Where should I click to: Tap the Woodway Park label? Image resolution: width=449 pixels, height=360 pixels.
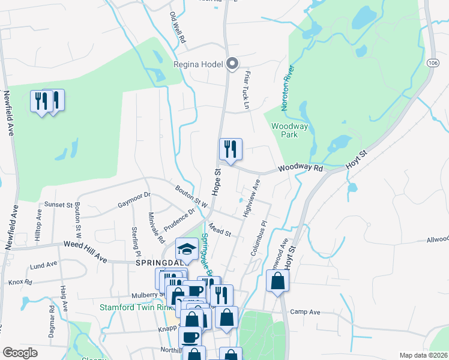[x=290, y=130]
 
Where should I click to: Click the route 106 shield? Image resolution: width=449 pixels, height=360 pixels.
[x=432, y=63]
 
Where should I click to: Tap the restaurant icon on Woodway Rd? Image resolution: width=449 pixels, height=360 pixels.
[x=231, y=150]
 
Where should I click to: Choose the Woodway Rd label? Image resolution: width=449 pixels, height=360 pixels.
[x=301, y=169]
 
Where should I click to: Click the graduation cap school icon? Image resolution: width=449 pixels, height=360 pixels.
[x=187, y=249]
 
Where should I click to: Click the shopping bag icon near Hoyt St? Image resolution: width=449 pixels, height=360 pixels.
[x=277, y=281]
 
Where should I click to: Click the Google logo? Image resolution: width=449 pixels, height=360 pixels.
[x=20, y=353]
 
